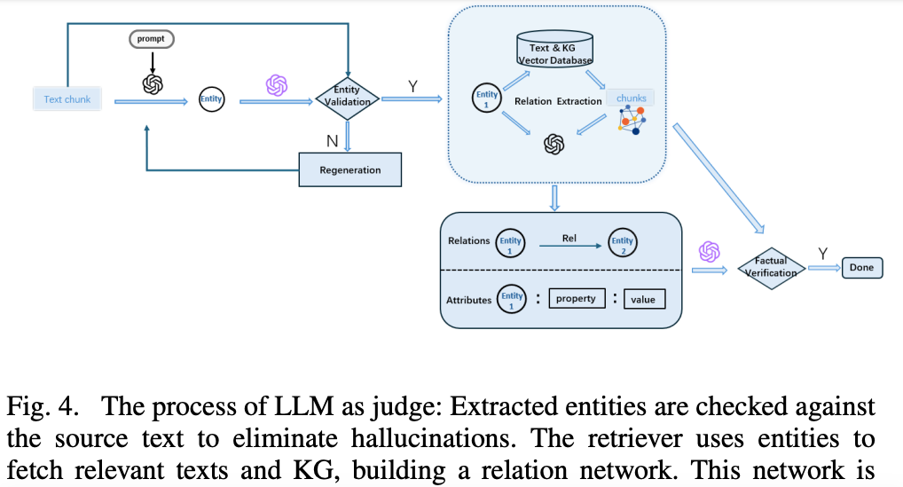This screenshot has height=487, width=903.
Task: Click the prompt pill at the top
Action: point(150,39)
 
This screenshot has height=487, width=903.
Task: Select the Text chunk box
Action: point(67,99)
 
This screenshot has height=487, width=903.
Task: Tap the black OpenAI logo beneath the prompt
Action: point(152,83)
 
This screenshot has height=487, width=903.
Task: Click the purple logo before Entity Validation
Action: point(277,85)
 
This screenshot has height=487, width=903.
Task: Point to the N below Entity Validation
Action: point(331,140)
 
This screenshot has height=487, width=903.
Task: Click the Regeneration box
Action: point(349,169)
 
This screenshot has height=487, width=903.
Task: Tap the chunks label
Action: point(631,98)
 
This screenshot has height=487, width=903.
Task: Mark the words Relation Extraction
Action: point(558,101)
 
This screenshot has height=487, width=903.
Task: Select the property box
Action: point(576,299)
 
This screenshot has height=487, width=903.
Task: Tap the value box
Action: point(643,299)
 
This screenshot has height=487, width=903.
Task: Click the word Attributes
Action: point(468,300)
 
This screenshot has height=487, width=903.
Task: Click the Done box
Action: point(861,267)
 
